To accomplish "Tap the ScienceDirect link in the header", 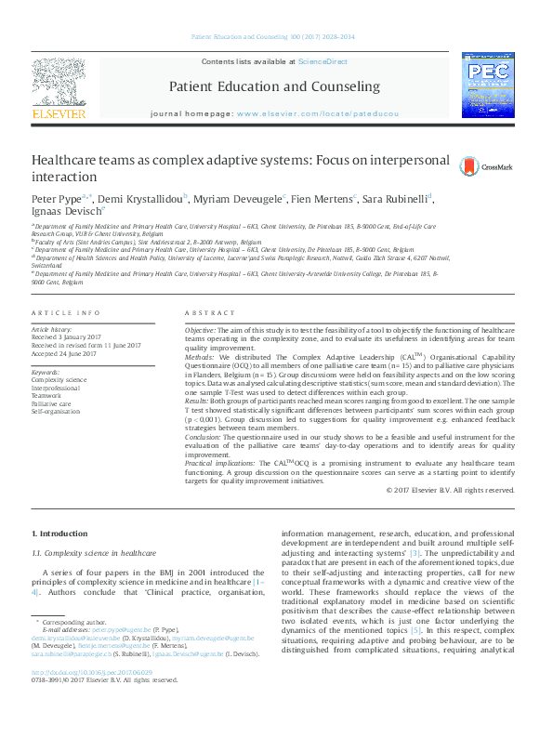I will pyautogui.click(x=322, y=61).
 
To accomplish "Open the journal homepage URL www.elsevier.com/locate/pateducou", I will pyautogui.click(x=317, y=113).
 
